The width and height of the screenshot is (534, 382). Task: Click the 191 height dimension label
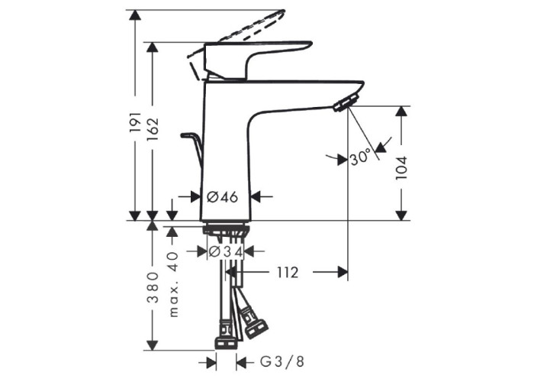[135, 121]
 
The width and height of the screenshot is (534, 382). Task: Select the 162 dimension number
[153, 129]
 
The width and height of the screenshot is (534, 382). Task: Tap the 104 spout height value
[402, 168]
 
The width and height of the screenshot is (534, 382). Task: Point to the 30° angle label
[360, 157]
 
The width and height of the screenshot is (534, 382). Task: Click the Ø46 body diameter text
[223, 197]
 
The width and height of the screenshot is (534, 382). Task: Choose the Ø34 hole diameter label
[226, 251]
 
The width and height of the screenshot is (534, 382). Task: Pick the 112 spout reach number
[287, 272]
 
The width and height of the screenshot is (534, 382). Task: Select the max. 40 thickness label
[173, 284]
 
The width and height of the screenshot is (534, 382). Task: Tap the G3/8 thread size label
[282, 361]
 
